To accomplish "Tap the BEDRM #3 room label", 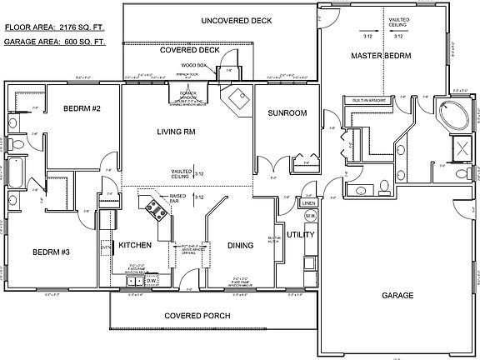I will [x=51, y=252].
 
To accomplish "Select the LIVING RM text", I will [x=176, y=131].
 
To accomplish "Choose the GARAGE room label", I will [x=398, y=295].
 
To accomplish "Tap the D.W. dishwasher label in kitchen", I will [x=152, y=281].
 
